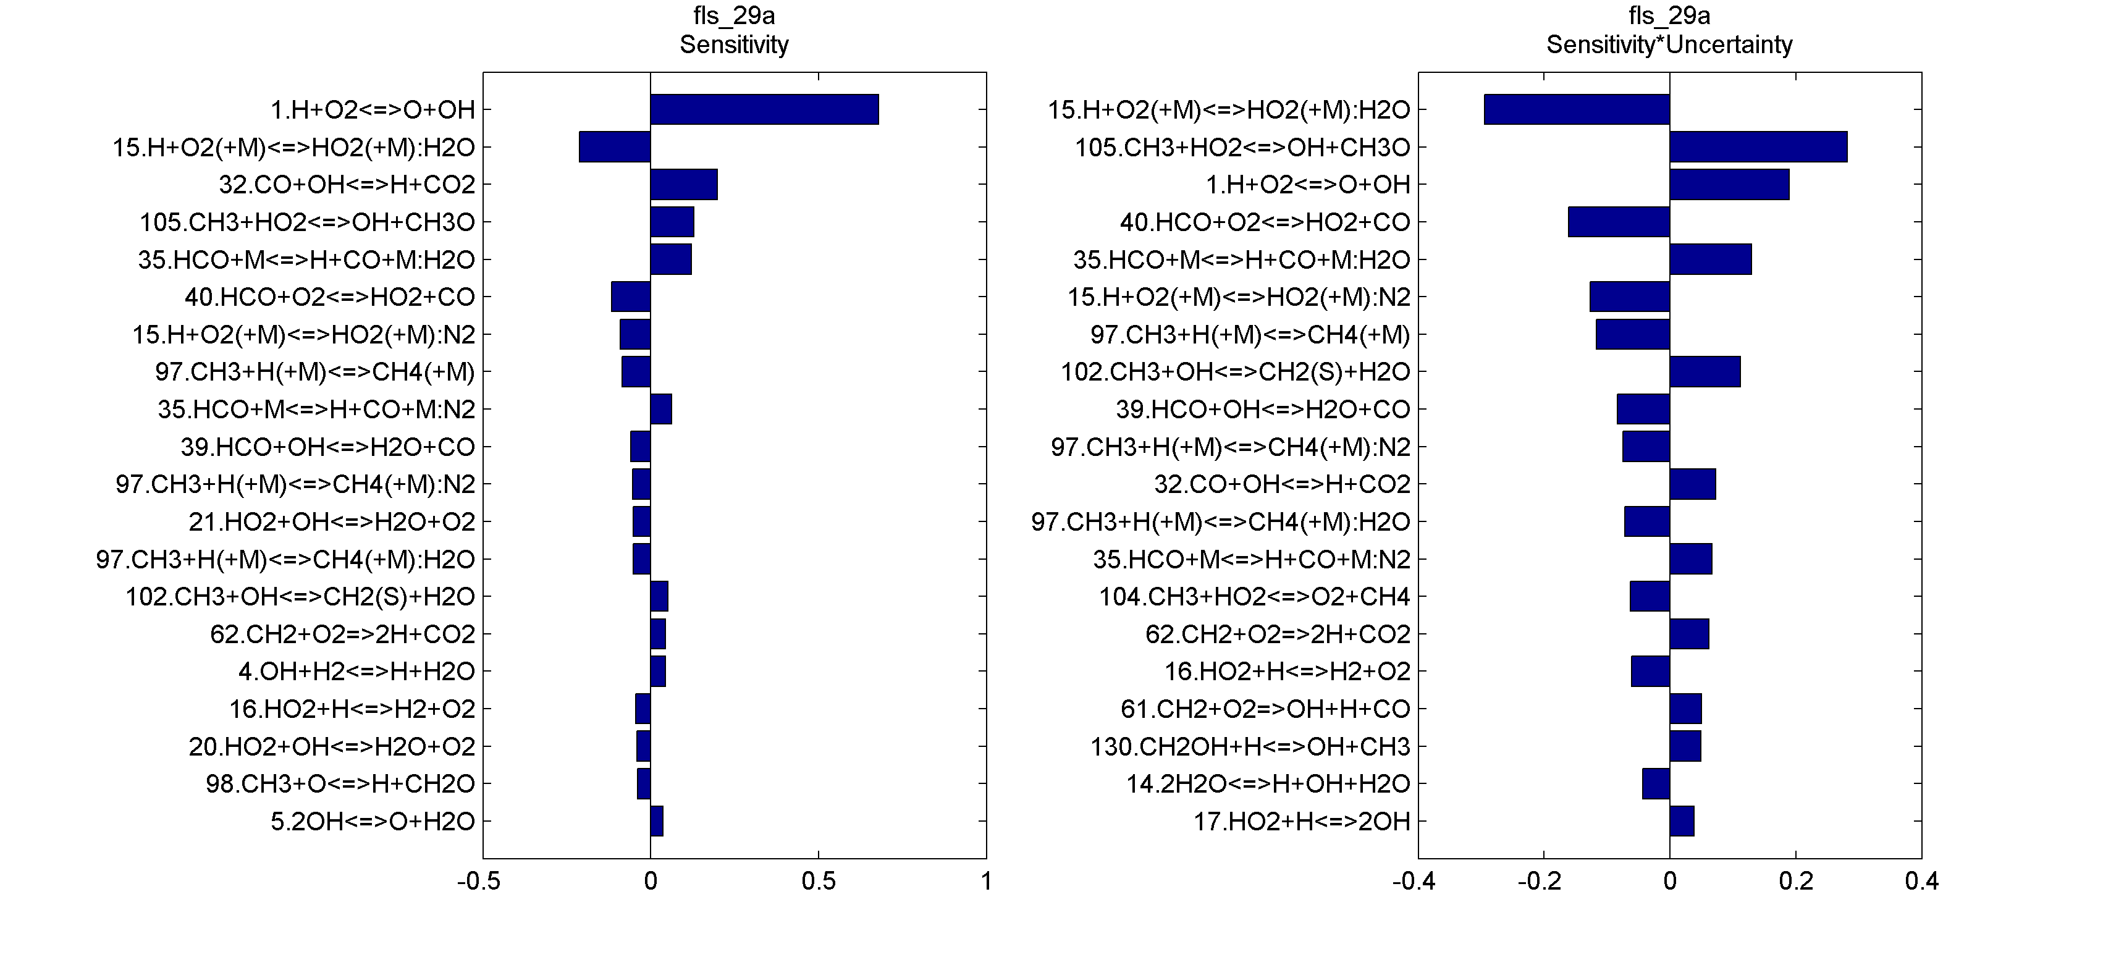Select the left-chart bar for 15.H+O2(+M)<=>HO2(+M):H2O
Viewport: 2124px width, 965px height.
coord(614,147)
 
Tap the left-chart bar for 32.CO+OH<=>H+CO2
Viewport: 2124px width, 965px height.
coord(683,185)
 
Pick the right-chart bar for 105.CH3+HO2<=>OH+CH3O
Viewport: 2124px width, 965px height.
coord(1758,147)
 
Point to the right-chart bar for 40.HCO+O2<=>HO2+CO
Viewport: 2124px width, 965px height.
coord(1619,222)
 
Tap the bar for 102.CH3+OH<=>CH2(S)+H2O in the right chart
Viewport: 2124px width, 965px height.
coord(1705,372)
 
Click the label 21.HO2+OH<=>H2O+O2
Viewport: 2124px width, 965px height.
coord(332,522)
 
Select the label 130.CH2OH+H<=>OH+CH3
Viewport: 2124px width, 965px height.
coord(1250,746)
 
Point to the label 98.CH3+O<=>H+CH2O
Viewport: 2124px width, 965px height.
coord(340,783)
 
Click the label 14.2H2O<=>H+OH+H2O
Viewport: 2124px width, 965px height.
coord(1268,783)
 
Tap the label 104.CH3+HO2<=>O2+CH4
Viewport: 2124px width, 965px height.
coord(1254,596)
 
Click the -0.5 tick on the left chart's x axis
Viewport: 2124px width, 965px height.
coord(479,882)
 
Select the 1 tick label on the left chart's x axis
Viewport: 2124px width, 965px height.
coord(986,882)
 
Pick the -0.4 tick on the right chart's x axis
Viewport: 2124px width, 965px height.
coord(1414,882)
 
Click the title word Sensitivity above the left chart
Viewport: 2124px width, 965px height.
coord(734,44)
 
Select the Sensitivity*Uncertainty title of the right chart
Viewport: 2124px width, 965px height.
coord(1669,44)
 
